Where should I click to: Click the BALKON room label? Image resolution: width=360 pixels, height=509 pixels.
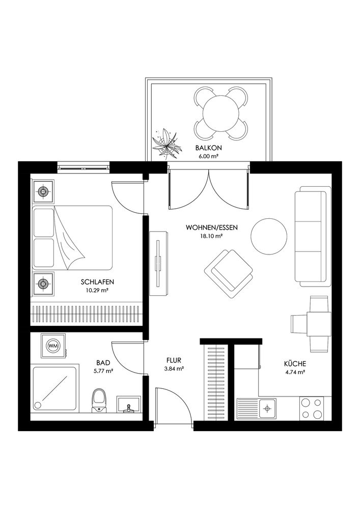pos(208,148)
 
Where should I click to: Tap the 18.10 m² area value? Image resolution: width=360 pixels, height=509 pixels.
pos(211,236)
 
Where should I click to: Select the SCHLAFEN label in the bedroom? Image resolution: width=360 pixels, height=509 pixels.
pos(97,282)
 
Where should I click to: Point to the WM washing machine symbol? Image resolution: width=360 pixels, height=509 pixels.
pos(53,346)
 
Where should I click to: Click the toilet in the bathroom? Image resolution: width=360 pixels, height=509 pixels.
pos(100,401)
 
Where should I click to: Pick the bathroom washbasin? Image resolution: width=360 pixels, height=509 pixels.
pos(129,405)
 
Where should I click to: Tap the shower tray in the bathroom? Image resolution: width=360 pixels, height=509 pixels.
pos(55,388)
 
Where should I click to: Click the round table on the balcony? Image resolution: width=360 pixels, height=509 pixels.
pos(221,114)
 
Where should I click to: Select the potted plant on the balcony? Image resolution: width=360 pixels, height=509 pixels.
pos(167,144)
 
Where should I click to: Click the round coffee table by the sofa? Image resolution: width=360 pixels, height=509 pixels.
pos(269,236)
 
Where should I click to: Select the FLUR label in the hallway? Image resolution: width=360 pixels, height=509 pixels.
pos(174,360)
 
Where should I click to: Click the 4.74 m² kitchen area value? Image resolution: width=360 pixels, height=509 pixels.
pos(295,373)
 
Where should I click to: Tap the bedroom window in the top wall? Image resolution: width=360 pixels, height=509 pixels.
pos(84,167)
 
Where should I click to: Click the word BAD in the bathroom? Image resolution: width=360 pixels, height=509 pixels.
pos(103,362)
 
